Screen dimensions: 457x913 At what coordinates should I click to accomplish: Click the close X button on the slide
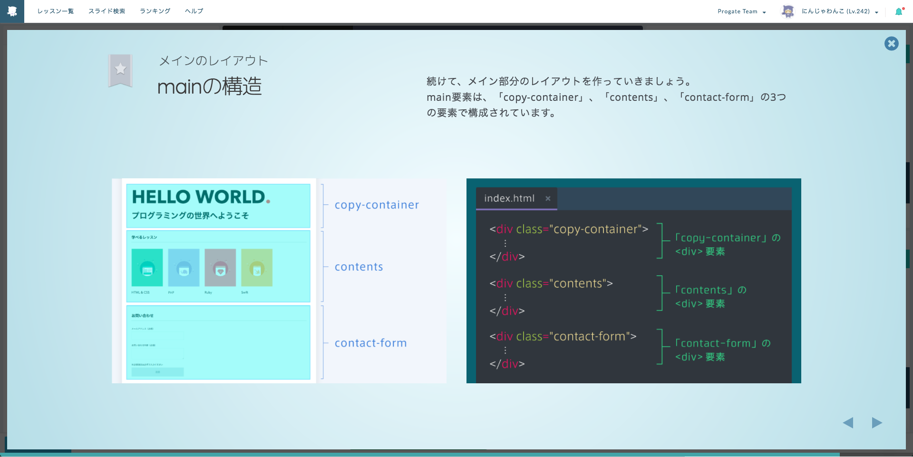891,44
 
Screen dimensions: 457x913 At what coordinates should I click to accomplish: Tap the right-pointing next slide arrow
877,423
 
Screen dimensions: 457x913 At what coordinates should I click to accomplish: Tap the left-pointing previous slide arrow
848,423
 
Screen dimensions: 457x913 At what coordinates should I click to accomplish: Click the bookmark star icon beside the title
120,70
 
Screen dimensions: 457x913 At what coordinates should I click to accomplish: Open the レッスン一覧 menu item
56,11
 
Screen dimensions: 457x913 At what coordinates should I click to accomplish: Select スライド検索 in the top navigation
107,11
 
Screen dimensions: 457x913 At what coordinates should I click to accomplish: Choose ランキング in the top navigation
155,11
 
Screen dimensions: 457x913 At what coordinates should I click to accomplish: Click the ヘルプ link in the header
194,11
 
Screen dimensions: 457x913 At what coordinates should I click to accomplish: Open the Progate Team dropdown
741,11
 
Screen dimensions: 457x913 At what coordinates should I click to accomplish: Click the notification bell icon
898,11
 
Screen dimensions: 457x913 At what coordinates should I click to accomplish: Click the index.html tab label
509,198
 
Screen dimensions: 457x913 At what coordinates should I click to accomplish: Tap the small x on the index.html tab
548,199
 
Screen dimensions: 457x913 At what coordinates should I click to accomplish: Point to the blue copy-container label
377,205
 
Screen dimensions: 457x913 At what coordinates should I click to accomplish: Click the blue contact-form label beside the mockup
370,343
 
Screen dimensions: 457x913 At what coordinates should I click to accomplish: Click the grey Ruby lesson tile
220,267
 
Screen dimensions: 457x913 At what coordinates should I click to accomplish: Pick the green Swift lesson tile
257,267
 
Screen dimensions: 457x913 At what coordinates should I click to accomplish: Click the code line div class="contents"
551,283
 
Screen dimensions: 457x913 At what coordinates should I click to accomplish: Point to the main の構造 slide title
209,87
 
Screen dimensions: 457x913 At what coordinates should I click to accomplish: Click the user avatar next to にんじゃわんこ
788,11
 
